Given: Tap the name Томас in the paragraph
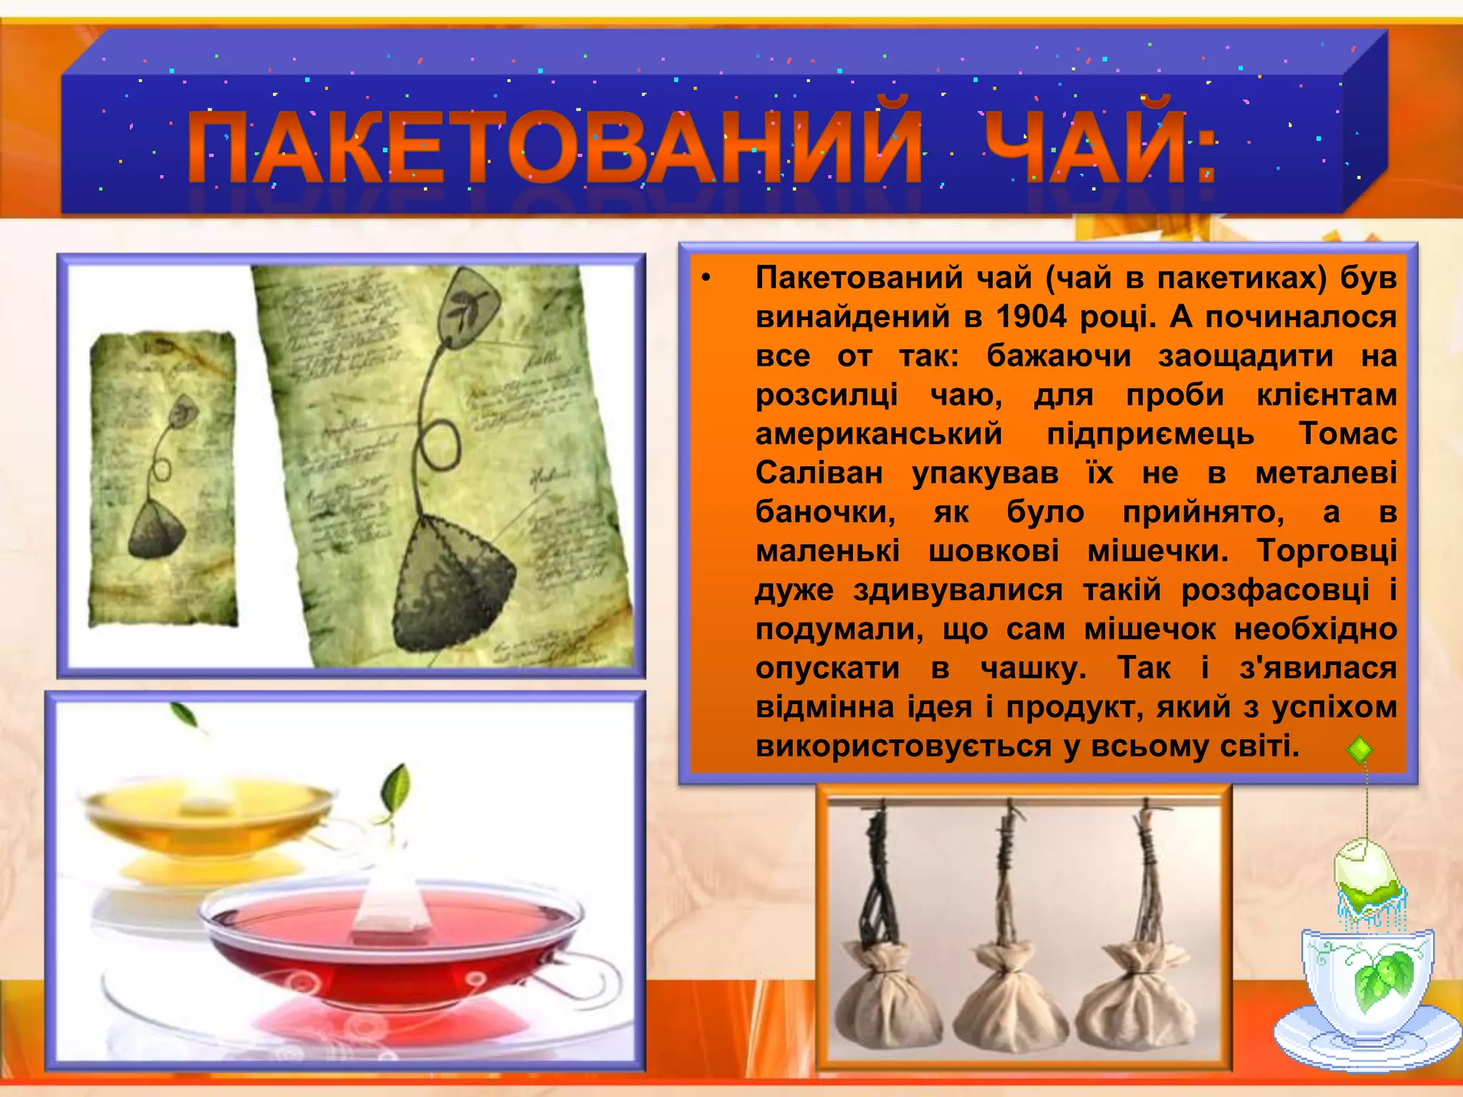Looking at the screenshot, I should (x=1347, y=434).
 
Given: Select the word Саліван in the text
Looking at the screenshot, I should (x=819, y=473).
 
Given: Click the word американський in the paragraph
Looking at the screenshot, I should (x=879, y=434).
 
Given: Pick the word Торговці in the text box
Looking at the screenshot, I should (x=1327, y=551).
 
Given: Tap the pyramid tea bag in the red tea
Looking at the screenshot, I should (x=390, y=900).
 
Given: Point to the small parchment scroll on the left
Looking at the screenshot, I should (x=162, y=479).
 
